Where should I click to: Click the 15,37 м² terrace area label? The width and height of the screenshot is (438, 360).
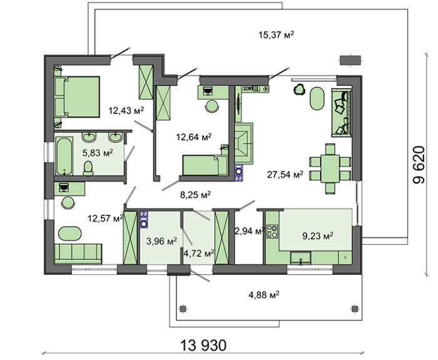pyautogui.click(x=277, y=35)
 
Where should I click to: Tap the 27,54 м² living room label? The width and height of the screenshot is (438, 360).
pyautogui.click(x=285, y=175)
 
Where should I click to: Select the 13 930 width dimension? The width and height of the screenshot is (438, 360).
pyautogui.click(x=203, y=345)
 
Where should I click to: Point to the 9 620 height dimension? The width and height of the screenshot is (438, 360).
pyautogui.click(x=419, y=164)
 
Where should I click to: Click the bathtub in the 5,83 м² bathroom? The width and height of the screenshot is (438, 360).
pyautogui.click(x=64, y=156)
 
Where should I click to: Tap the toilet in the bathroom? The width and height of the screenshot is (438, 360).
pyautogui.click(x=88, y=168)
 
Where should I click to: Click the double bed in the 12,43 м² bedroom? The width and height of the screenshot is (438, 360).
pyautogui.click(x=77, y=96)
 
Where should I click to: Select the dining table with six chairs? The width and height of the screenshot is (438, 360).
pyautogui.click(x=330, y=168)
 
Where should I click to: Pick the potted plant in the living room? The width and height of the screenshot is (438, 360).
pyautogui.click(x=300, y=90)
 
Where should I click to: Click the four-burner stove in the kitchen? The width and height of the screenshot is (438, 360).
pyautogui.click(x=272, y=232)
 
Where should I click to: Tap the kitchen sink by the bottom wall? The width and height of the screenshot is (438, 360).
pyautogui.click(x=300, y=258)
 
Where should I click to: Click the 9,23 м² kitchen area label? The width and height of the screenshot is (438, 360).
pyautogui.click(x=318, y=237)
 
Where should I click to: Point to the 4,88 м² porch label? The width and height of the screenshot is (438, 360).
pyautogui.click(x=264, y=295)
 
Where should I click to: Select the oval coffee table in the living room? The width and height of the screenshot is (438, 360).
pyautogui.click(x=317, y=99)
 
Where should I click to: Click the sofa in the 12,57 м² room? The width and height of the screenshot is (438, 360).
pyautogui.click(x=78, y=254)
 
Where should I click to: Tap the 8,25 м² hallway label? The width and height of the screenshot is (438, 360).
pyautogui.click(x=195, y=195)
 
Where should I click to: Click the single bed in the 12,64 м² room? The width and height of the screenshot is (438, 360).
pyautogui.click(x=205, y=165)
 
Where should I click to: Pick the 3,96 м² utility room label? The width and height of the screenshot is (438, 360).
pyautogui.click(x=161, y=241)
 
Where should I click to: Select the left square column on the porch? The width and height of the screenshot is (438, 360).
pyautogui.click(x=183, y=309)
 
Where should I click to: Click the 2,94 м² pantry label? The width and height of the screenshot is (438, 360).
pyautogui.click(x=250, y=231)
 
